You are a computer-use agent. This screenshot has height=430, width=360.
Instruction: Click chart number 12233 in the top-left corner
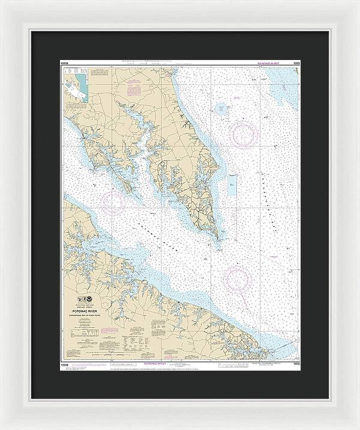click(x=65, y=62)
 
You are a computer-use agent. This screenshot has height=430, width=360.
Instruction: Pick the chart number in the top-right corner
click(x=296, y=62)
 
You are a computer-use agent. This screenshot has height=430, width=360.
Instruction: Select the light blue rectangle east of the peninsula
click(x=232, y=187)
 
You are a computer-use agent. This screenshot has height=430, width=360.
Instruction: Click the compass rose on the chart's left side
click(x=115, y=202)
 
